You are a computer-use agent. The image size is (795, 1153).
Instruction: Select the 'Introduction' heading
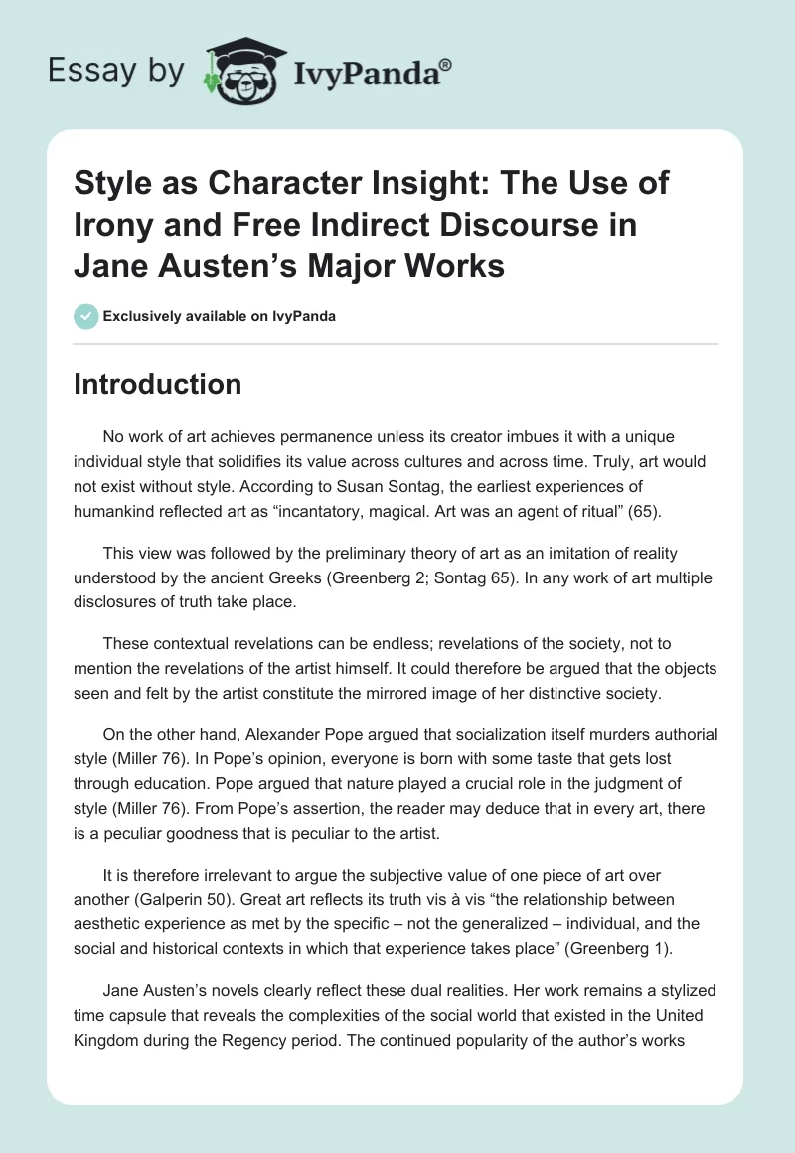157,384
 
